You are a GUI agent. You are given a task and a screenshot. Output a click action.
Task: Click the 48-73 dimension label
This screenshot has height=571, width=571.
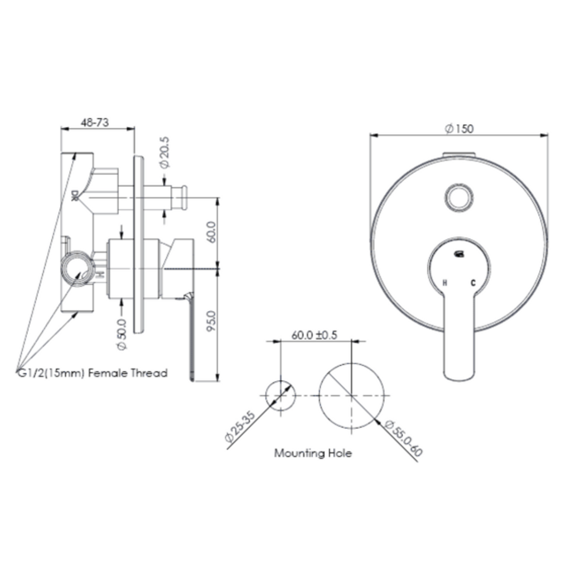(95, 122)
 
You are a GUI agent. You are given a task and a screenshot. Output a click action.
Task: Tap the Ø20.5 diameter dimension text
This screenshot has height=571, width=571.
(164, 153)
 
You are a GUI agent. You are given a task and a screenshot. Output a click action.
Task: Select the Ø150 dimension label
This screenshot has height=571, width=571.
(459, 129)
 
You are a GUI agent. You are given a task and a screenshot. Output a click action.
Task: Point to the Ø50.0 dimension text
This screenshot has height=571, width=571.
(122, 335)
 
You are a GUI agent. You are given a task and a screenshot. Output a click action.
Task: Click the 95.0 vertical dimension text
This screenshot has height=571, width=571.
(211, 321)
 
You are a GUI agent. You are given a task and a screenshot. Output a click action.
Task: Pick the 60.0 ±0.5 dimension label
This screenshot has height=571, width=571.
(314, 335)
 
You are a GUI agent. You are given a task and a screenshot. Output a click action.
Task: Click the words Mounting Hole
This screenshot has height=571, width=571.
(313, 453)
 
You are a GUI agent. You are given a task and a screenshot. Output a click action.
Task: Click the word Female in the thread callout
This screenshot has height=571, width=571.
(108, 373)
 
